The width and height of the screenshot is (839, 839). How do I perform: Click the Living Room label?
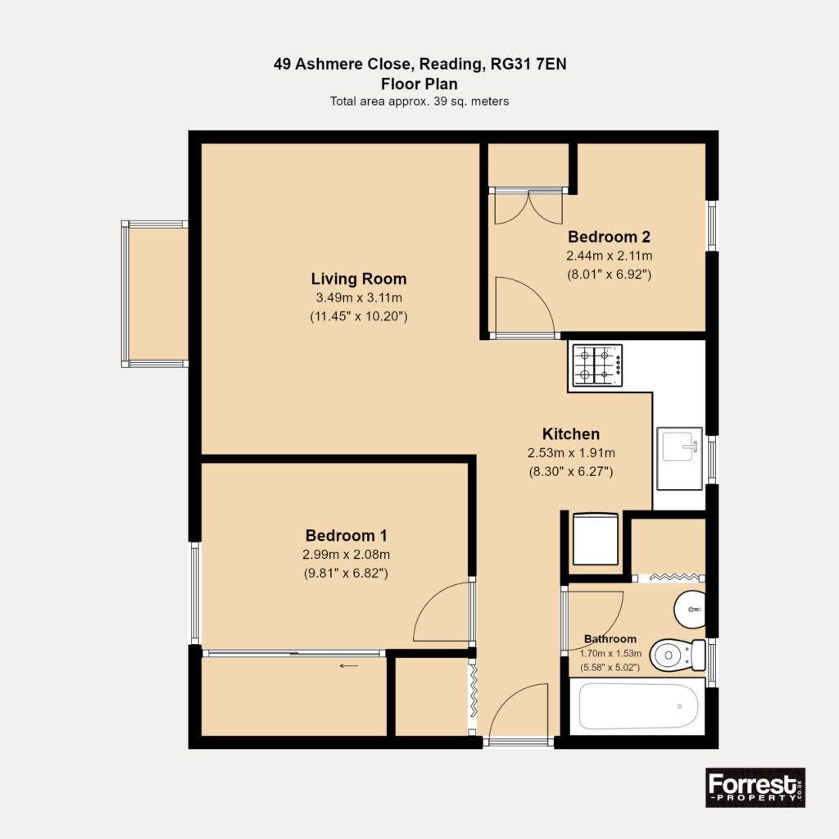click(x=359, y=279)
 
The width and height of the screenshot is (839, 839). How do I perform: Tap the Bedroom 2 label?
click(x=609, y=237)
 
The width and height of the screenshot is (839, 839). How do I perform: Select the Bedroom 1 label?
click(x=347, y=535)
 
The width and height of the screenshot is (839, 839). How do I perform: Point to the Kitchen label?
click(x=571, y=434)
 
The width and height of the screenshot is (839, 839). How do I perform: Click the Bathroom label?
click(x=610, y=639)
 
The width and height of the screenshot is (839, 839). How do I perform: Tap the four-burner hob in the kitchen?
click(x=597, y=365)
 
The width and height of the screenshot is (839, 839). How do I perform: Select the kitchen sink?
click(x=679, y=459)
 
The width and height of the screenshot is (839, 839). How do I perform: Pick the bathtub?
click(x=637, y=706)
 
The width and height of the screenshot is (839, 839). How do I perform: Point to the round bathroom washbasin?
click(x=689, y=610)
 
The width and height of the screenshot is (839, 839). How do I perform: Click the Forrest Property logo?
click(x=755, y=787)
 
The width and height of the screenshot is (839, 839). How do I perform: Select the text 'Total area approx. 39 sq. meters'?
click(x=419, y=101)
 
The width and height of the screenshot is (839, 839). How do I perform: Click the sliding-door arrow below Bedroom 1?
click(x=349, y=666)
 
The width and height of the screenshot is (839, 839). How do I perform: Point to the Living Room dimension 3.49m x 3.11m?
click(x=359, y=298)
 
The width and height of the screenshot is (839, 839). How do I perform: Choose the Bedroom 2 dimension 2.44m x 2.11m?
click(x=610, y=256)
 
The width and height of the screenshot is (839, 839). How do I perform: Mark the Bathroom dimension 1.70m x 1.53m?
click(x=610, y=653)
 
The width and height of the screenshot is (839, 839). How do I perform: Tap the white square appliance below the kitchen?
click(x=596, y=539)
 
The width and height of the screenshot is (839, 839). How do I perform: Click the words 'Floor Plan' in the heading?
click(x=419, y=84)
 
